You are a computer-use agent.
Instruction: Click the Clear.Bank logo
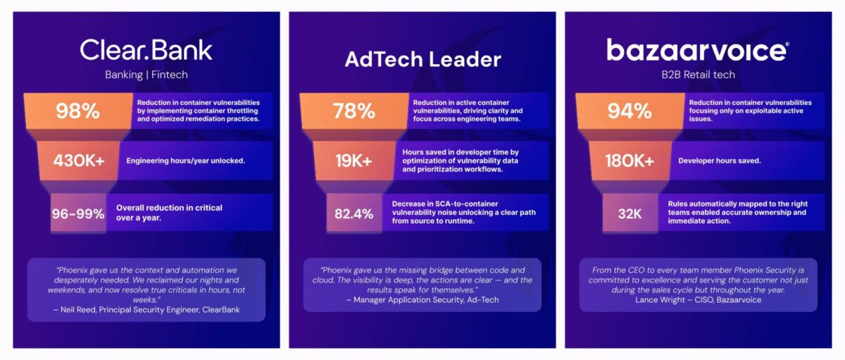pyautogui.click(x=146, y=50)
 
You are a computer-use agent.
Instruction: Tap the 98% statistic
pyautogui.click(x=78, y=111)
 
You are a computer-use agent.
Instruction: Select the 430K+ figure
pyautogui.click(x=78, y=161)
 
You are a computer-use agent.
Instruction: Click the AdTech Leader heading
pyautogui.click(x=423, y=59)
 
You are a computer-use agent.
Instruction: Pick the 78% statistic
pyautogui.click(x=354, y=111)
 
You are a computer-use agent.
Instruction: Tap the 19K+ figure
pyautogui.click(x=354, y=161)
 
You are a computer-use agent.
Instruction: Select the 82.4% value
pyautogui.click(x=353, y=213)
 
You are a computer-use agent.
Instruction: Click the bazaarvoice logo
pyautogui.click(x=698, y=50)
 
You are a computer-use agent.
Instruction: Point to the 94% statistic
pyautogui.click(x=630, y=111)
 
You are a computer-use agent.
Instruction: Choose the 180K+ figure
pyautogui.click(x=630, y=161)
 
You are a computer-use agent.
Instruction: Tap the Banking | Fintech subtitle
pyautogui.click(x=146, y=75)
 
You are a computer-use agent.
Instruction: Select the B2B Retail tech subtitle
pyautogui.click(x=698, y=75)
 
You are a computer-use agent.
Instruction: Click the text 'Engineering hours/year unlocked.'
pyautogui.click(x=185, y=161)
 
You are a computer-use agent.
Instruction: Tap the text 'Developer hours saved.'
pyautogui.click(x=719, y=161)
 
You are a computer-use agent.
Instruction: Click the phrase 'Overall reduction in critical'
pyautogui.click(x=169, y=208)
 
